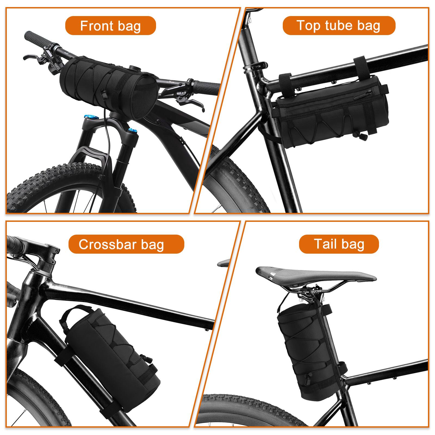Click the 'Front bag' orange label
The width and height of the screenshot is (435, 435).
(x=110, y=26)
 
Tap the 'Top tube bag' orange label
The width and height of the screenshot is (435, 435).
(x=339, y=26)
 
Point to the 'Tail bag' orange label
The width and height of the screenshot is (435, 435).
(x=339, y=244)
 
